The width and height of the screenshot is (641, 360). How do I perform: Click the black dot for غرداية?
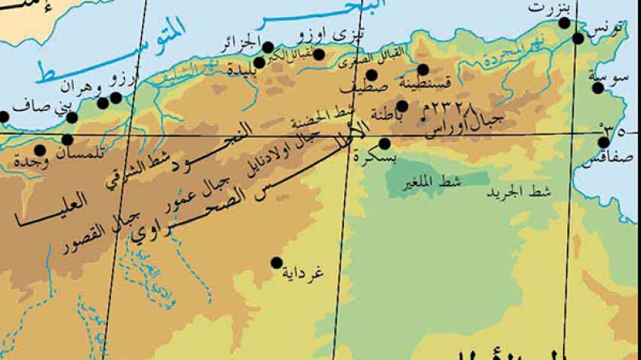tap(277, 263)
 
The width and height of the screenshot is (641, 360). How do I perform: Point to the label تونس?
tap(609, 29)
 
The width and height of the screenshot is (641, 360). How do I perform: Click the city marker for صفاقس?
tap(604, 142)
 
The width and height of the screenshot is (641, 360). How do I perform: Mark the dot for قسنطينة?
tap(423, 70)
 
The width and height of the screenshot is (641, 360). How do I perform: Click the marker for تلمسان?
tap(67, 139)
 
